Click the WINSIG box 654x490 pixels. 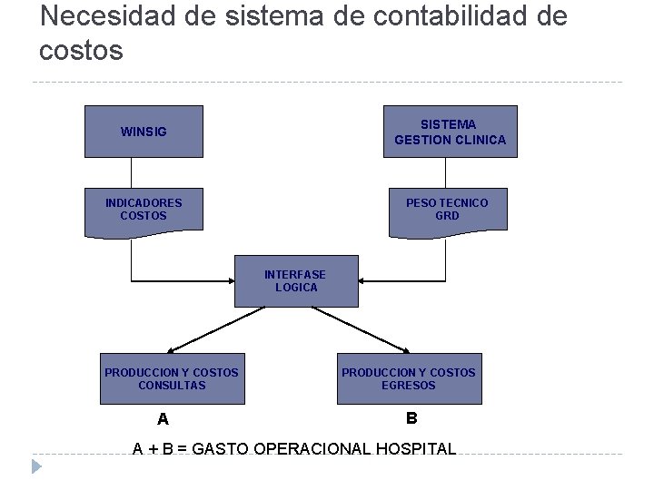[144, 132]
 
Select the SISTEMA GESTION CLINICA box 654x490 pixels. [450, 132]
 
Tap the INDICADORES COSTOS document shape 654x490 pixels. [144, 210]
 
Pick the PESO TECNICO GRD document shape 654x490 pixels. [447, 210]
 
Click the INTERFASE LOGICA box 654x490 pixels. [296, 281]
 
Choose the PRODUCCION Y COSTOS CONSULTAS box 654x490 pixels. [172, 378]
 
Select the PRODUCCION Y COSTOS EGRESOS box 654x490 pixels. [409, 378]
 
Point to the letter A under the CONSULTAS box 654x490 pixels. [163, 419]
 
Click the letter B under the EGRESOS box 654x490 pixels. [411, 418]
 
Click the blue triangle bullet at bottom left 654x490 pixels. [35, 467]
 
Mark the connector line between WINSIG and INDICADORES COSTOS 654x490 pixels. [132, 172]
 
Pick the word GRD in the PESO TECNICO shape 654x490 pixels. [447, 217]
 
